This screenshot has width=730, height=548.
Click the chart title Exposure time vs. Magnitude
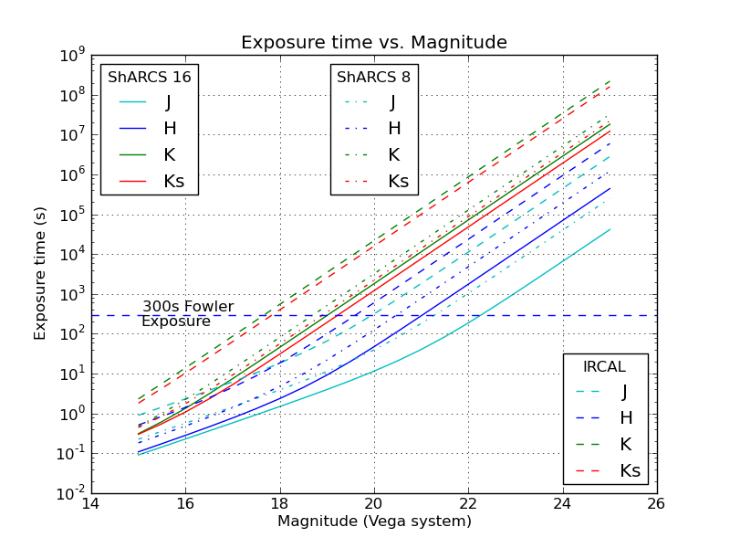pyautogui.click(x=373, y=43)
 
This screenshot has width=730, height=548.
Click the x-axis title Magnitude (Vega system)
pyautogui.click(x=374, y=522)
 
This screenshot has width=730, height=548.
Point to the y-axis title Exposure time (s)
pyautogui.click(x=41, y=274)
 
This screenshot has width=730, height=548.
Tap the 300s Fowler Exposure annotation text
pyautogui.click(x=187, y=314)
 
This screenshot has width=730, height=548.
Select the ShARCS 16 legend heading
pyautogui.click(x=150, y=77)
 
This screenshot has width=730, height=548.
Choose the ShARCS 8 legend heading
pyautogui.click(x=373, y=77)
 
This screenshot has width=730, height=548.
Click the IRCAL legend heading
pyautogui.click(x=604, y=367)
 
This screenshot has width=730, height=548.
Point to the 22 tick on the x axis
pyautogui.click(x=467, y=502)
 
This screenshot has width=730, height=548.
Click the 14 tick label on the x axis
pyautogui.click(x=90, y=502)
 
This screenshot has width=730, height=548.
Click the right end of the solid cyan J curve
pyautogui.click(x=610, y=229)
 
